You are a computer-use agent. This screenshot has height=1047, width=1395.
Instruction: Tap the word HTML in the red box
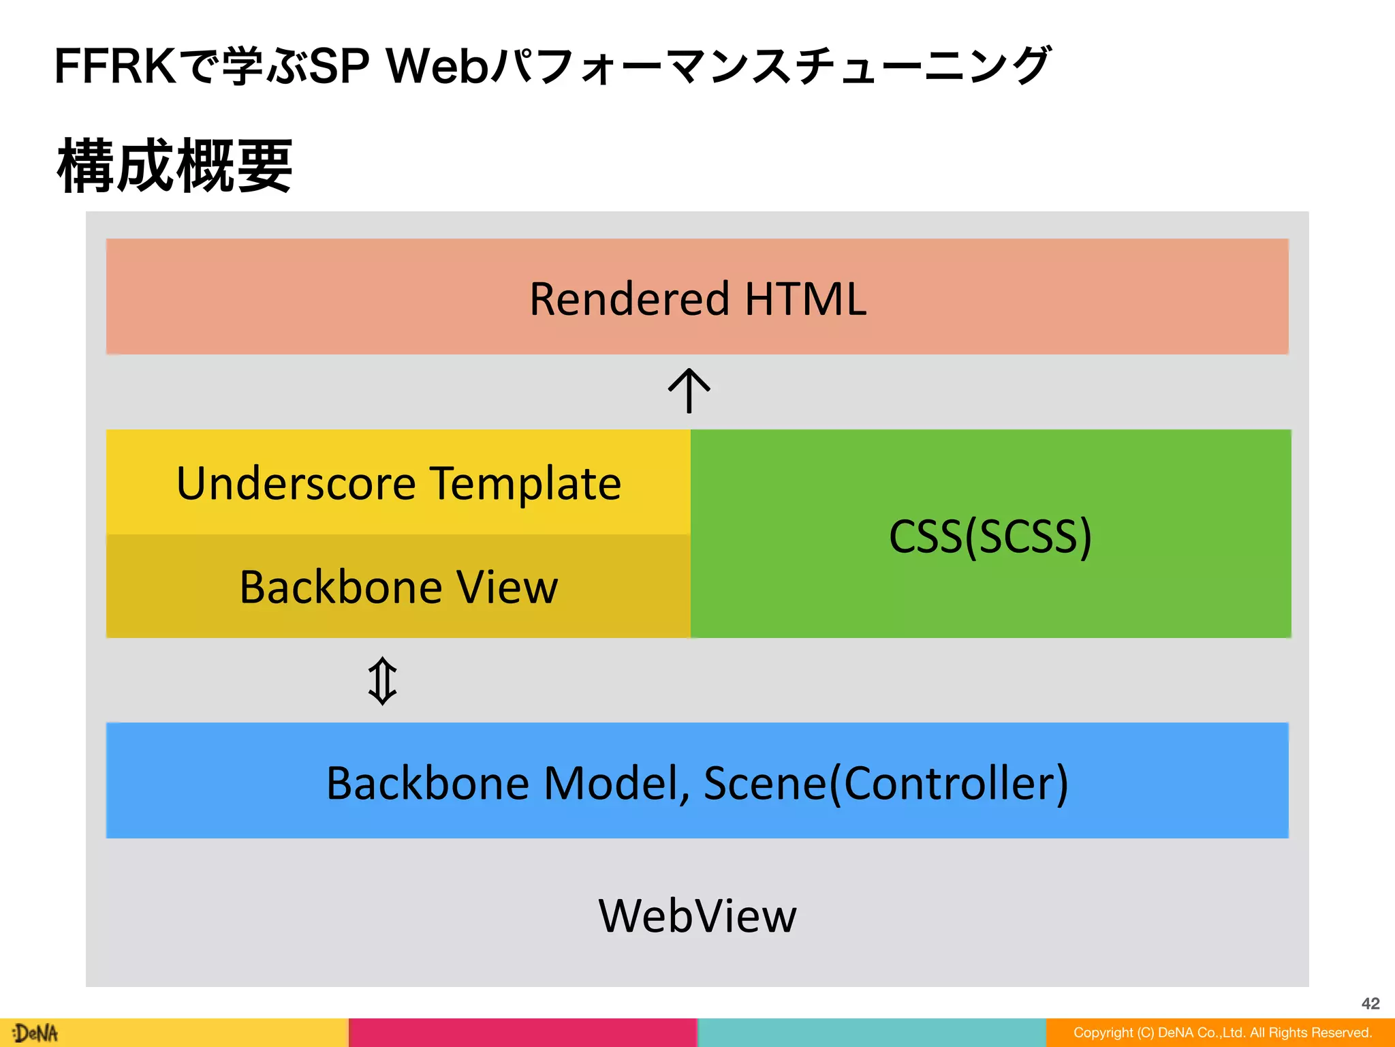[x=805, y=299]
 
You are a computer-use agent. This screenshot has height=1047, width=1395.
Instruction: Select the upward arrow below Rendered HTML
[x=689, y=391]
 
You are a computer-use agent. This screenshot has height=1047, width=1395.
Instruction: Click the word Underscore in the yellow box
[x=296, y=483]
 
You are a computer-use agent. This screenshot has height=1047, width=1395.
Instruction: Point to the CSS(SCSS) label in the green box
[x=990, y=536]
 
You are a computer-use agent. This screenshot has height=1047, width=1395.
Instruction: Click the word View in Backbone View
[x=507, y=587]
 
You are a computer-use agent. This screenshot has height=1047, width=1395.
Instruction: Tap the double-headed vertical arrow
[x=382, y=681]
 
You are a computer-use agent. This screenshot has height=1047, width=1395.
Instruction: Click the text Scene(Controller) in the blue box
[x=885, y=783]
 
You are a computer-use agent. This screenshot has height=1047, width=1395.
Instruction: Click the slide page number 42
[x=1370, y=1003]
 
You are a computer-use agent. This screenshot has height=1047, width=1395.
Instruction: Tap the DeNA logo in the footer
[x=35, y=1033]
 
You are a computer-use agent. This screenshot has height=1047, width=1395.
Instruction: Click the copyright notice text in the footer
[x=1222, y=1033]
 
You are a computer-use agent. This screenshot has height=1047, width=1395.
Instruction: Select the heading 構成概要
[x=175, y=166]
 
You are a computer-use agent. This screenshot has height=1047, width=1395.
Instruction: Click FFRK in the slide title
[x=114, y=67]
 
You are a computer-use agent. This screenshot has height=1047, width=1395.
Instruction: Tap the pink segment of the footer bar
[x=522, y=1033]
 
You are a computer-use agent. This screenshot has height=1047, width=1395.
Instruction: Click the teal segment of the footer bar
[x=871, y=1033]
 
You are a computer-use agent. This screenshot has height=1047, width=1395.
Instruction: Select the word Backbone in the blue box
[x=428, y=783]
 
